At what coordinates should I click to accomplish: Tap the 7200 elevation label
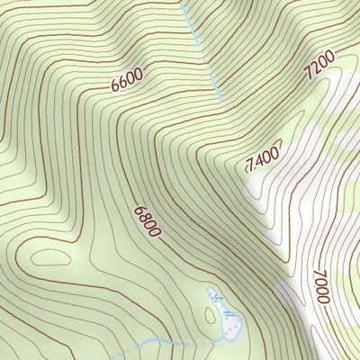click(319, 65)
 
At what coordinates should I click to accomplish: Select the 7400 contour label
click(264, 157)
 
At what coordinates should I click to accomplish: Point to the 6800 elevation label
click(147, 221)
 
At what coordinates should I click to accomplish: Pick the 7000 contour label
click(321, 286)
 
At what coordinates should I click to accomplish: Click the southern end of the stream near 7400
click(220, 97)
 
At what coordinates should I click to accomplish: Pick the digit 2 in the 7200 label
click(314, 69)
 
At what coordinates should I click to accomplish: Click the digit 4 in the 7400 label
click(259, 159)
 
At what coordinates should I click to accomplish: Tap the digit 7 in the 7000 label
click(319, 274)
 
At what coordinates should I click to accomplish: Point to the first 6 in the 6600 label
click(116, 87)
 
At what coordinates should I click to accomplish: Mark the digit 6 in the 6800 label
click(139, 211)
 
